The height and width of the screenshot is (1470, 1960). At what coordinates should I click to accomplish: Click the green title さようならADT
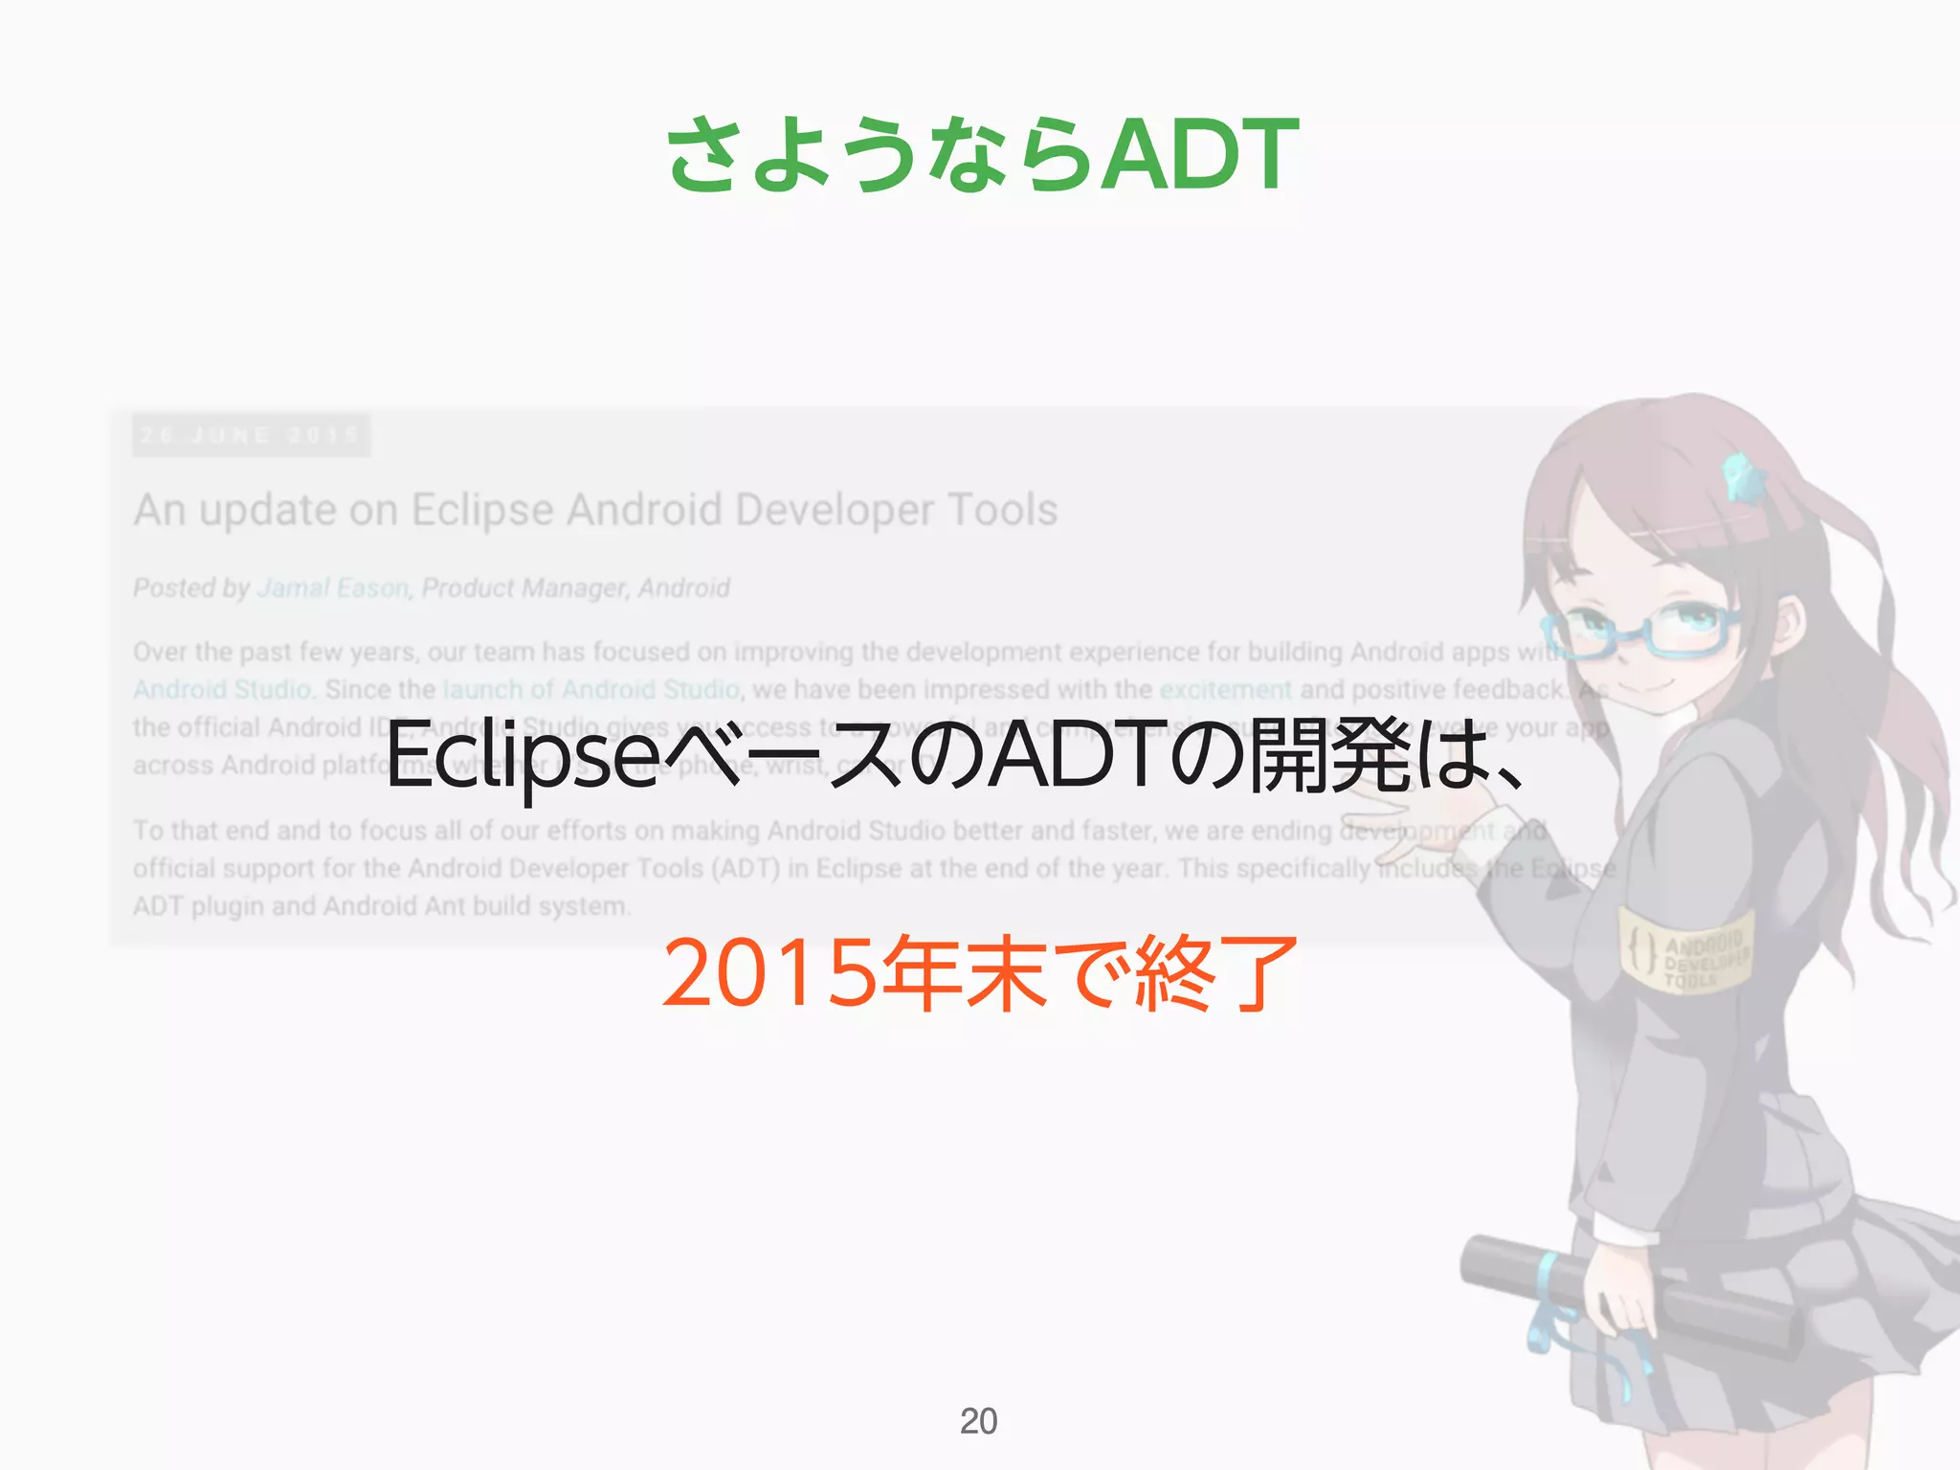[x=982, y=153]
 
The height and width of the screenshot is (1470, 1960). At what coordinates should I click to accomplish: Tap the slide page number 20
[x=978, y=1421]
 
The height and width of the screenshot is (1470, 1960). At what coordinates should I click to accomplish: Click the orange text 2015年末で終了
[x=978, y=974]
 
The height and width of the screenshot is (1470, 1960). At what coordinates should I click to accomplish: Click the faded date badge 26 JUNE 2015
[x=251, y=435]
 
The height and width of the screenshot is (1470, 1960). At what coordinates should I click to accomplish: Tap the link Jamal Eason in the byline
[x=333, y=588]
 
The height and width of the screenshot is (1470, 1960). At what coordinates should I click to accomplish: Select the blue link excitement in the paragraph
[x=1225, y=689]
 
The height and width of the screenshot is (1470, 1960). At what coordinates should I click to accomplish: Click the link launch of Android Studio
[x=590, y=689]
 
